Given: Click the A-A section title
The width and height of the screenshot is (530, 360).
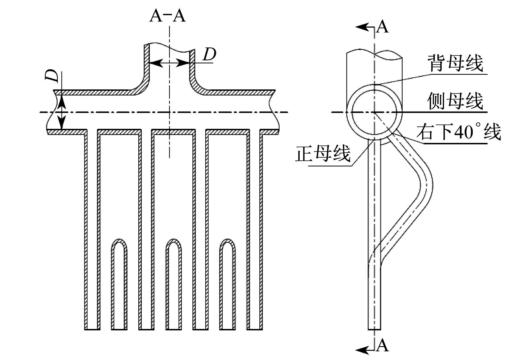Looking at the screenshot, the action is pyautogui.click(x=168, y=16).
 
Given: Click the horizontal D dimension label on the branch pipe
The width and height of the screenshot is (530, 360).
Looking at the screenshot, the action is pyautogui.click(x=209, y=54).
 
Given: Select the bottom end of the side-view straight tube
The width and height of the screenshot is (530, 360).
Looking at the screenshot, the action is pyautogui.click(x=375, y=329).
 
